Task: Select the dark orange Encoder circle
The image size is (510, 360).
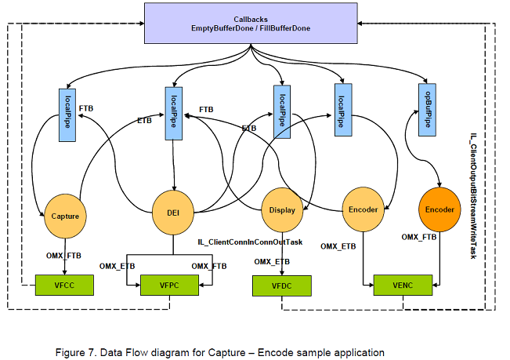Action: [x=439, y=210]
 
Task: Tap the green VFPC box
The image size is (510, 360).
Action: [x=171, y=285]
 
